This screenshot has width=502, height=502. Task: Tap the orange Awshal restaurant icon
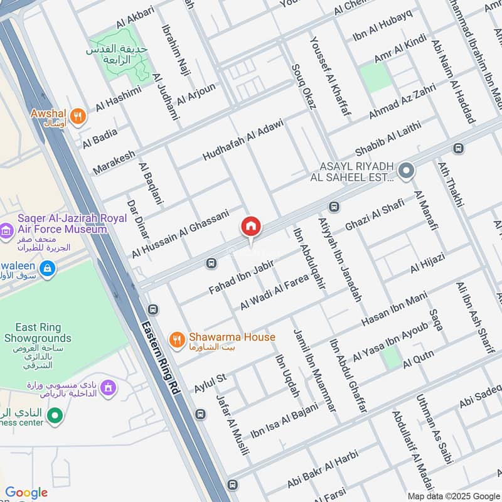(77, 115)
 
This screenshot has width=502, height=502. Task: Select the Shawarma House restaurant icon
(178, 339)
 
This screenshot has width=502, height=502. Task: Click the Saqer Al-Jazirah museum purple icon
(7, 230)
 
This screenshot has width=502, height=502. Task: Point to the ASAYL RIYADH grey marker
(407, 170)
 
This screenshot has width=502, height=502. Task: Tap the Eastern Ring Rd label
(161, 357)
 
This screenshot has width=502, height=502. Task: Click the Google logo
(26, 493)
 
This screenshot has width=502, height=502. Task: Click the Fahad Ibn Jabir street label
(242, 276)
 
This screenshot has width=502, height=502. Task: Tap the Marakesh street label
(114, 163)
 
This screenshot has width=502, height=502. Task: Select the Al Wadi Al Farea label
(274, 292)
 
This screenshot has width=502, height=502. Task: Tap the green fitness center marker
(55, 415)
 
